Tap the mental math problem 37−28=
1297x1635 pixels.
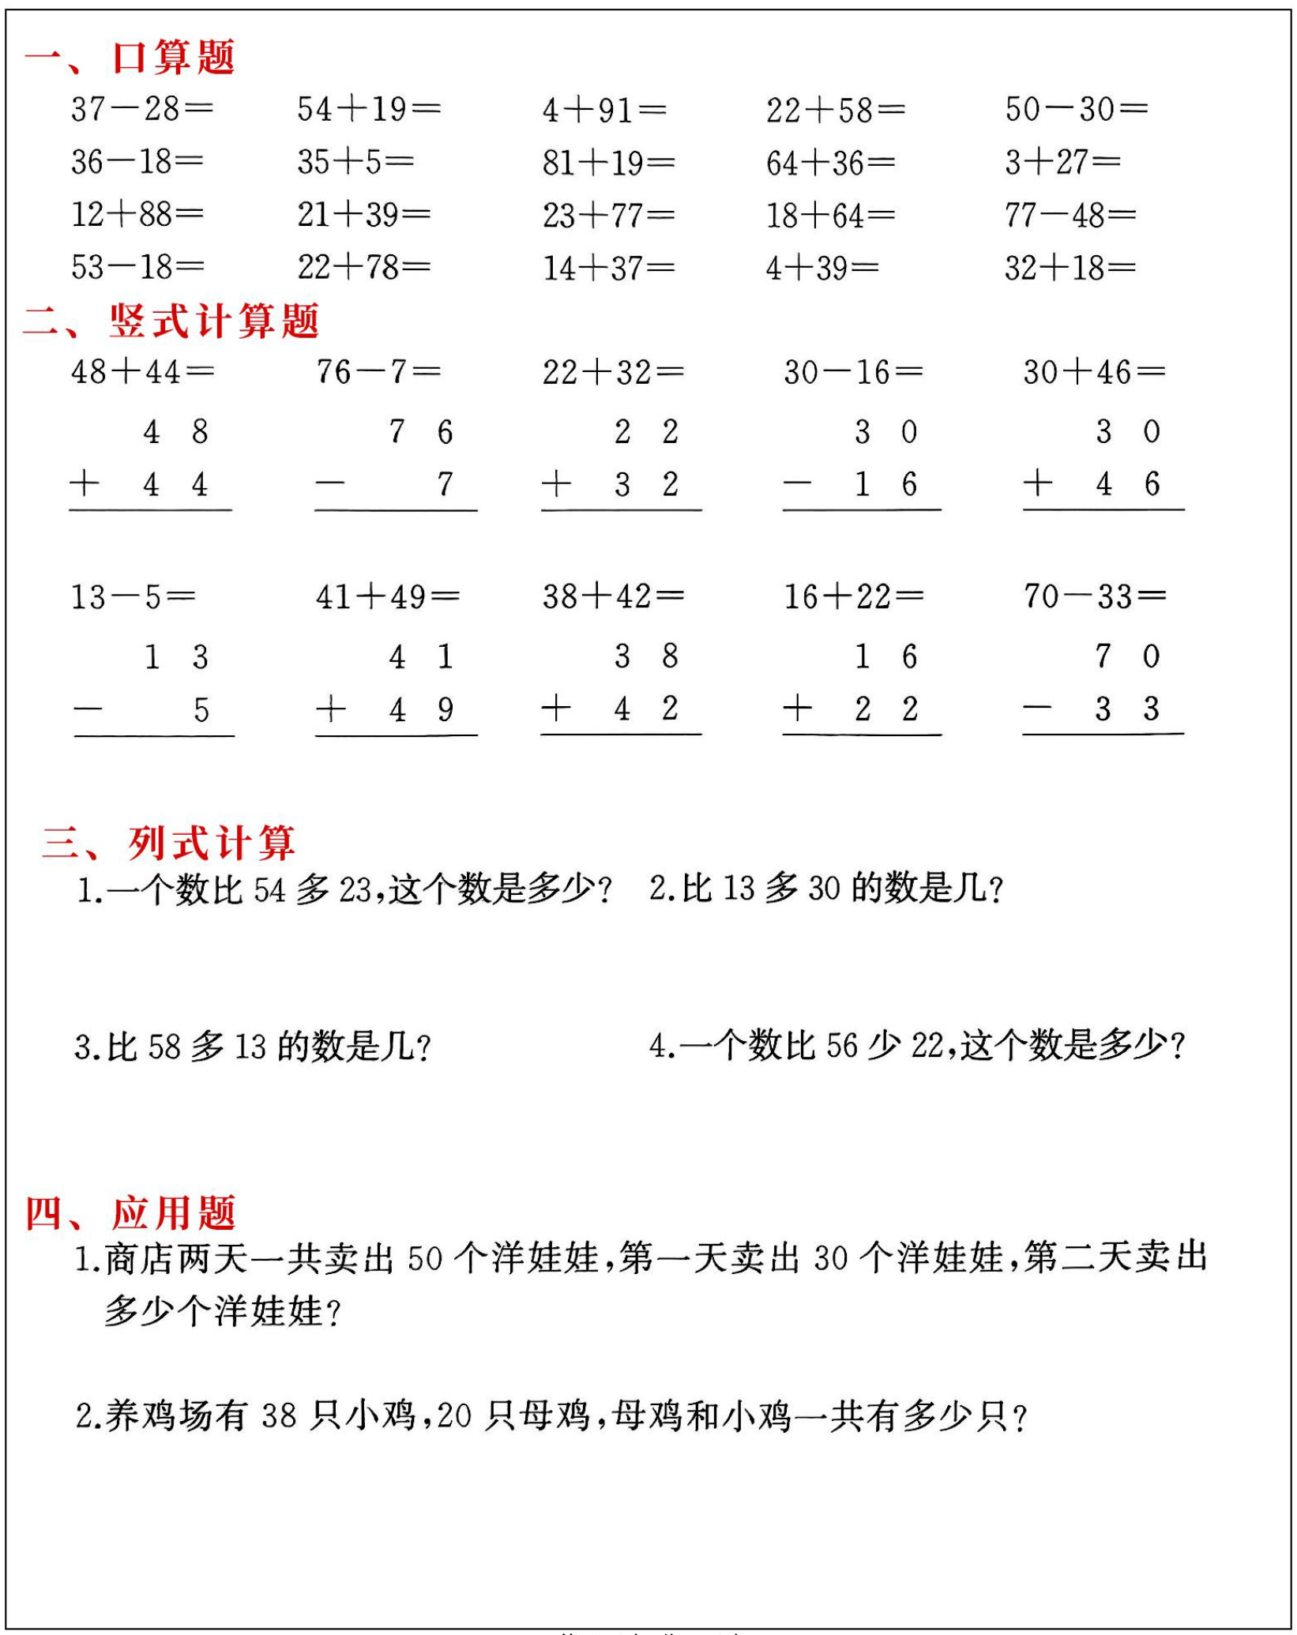pyautogui.click(x=142, y=109)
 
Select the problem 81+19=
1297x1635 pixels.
pyautogui.click(x=608, y=163)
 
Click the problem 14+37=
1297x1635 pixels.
pyautogui.click(x=608, y=269)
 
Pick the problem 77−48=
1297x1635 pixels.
pyautogui.click(x=1070, y=215)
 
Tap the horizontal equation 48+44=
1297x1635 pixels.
pyautogui.click(x=142, y=371)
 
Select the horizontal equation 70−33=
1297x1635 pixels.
pyautogui.click(x=1095, y=596)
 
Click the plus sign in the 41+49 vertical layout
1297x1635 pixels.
pyautogui.click(x=331, y=708)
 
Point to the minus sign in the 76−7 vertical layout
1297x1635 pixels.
pyautogui.click(x=329, y=483)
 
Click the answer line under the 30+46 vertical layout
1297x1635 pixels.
pyautogui.click(x=1103, y=510)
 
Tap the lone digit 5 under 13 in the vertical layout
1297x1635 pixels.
pyautogui.click(x=201, y=709)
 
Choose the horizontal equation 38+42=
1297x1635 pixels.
pyautogui.click(x=613, y=596)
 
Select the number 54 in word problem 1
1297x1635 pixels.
pyautogui.click(x=269, y=890)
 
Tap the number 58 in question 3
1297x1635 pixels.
pyautogui.click(x=164, y=1047)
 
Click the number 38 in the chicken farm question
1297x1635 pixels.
pyautogui.click(x=278, y=1415)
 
